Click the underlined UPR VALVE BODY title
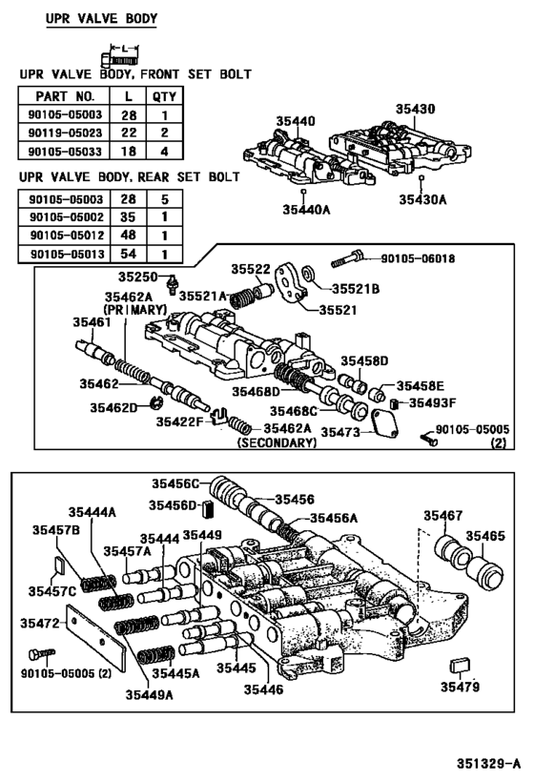pyautogui.click(x=102, y=18)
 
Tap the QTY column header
pyautogui.click(x=163, y=96)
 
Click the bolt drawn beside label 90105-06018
pyautogui.click(x=348, y=258)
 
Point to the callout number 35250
pyautogui.click(x=138, y=277)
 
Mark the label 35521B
pyautogui.click(x=354, y=287)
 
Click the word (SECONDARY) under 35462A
pyautogui.click(x=277, y=443)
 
